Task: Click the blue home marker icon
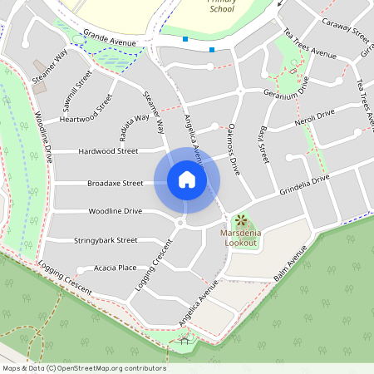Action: click(x=187, y=180)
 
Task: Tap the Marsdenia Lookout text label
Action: click(x=241, y=239)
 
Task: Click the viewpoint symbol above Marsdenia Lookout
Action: click(x=241, y=221)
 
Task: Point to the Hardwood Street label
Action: click(x=108, y=151)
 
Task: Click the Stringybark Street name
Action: click(x=105, y=240)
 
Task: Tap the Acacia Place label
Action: click(x=116, y=268)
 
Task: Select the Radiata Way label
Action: click(x=135, y=117)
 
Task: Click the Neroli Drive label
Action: click(x=313, y=118)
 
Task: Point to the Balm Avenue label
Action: click(x=291, y=260)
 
